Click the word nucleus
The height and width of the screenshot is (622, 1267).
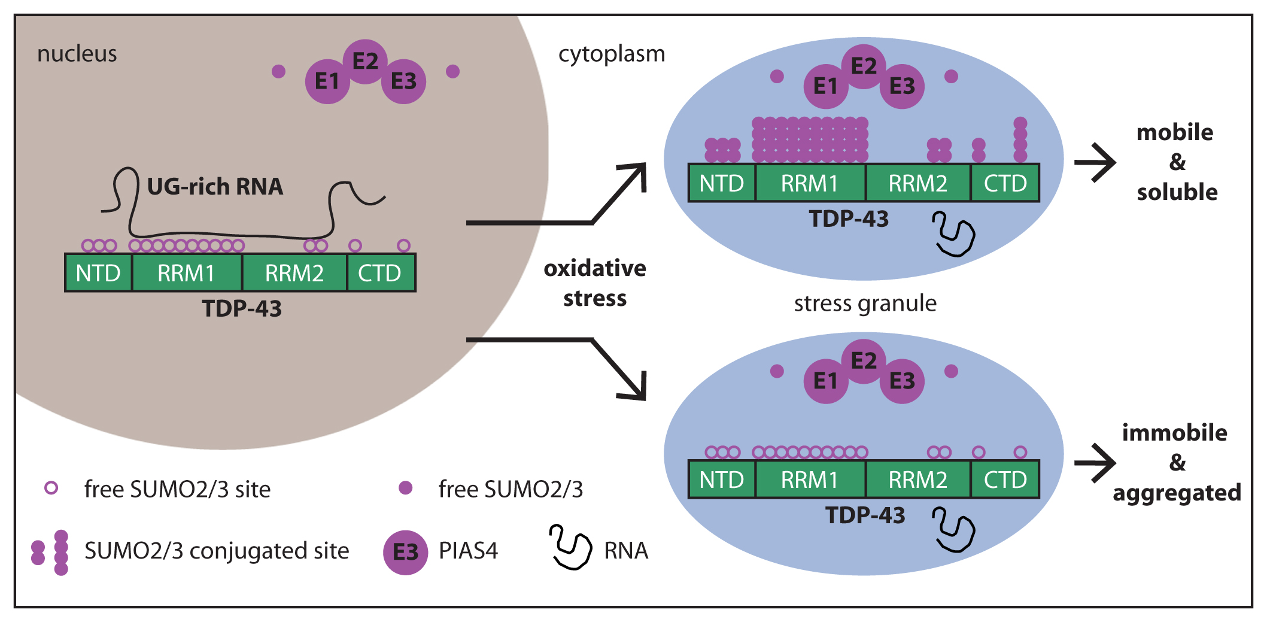[x=77, y=54]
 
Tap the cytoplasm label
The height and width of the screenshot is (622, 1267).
[x=611, y=54]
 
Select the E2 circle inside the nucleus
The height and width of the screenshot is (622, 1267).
[x=365, y=61]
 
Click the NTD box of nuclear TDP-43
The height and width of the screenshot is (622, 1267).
[x=98, y=273]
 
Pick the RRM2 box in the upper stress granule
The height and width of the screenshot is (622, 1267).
[x=917, y=183]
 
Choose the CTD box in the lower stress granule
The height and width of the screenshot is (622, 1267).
[x=1005, y=480]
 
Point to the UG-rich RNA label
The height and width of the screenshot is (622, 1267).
[x=215, y=187]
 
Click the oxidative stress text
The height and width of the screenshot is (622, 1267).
[x=595, y=283]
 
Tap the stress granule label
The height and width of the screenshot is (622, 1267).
[x=865, y=304]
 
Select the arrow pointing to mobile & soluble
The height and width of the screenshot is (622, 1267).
[x=1095, y=162]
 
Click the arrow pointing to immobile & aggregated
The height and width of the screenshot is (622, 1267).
[x=1095, y=462]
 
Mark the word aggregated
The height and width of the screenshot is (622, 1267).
[x=1177, y=493]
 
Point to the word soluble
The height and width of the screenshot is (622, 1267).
[x=1177, y=192]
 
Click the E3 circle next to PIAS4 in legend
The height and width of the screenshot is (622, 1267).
[x=405, y=552]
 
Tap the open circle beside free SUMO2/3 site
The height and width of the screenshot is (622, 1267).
[x=51, y=488]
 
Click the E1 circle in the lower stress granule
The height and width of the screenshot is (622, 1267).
[x=825, y=381]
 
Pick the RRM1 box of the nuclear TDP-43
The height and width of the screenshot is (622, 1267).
[x=186, y=273]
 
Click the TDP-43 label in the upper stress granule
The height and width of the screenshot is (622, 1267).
[x=849, y=219]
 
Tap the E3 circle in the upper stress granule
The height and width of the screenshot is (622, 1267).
[x=902, y=87]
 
